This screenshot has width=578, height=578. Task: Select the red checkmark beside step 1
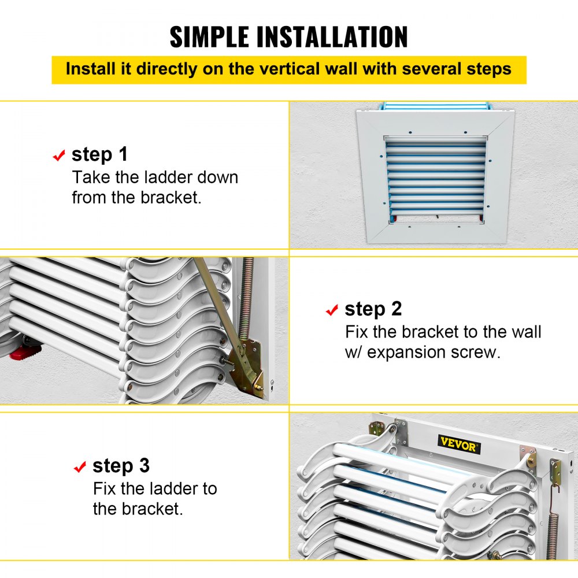pos(59,155)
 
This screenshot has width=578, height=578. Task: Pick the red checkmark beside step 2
pos(332,310)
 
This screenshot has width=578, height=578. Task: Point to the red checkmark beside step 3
pos(80,466)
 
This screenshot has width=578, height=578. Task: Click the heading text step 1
pos(99,154)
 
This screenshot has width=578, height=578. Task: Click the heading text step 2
pos(373,309)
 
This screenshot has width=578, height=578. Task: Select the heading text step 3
pos(121,465)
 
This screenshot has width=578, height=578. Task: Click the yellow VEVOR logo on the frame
pos(459,446)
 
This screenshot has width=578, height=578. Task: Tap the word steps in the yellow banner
pos(489,69)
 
